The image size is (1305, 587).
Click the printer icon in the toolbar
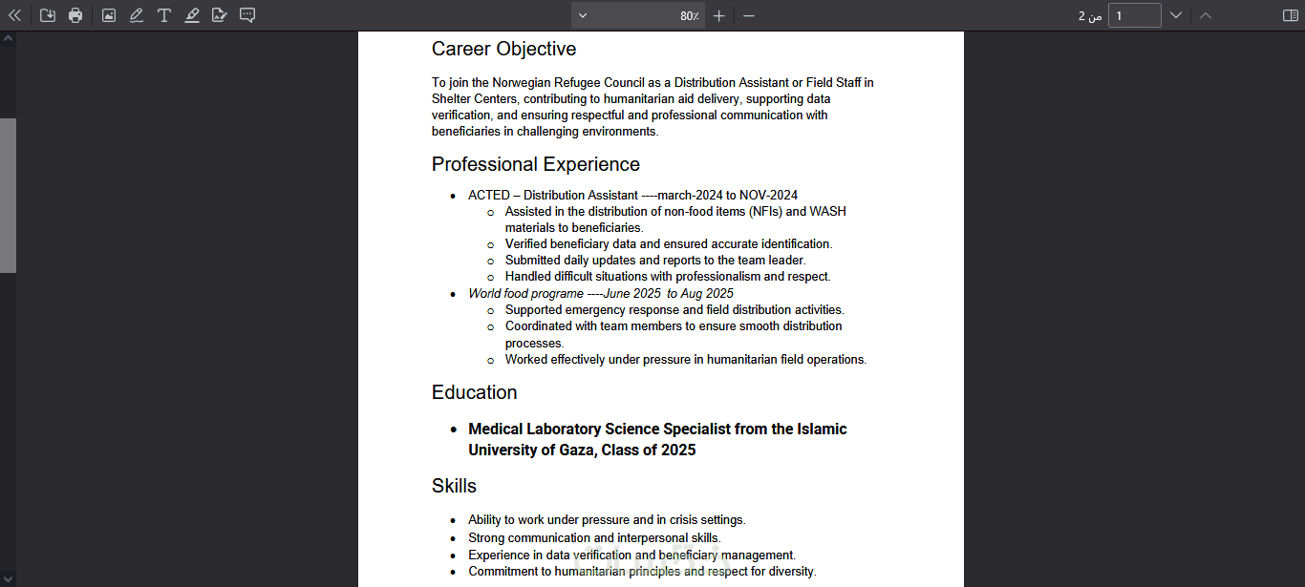pos(75,15)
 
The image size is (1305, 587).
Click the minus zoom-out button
pos(749,15)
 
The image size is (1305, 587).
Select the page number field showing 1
pos(1134,15)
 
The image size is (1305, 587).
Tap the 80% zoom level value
pos(689,16)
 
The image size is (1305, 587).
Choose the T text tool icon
pos(164,15)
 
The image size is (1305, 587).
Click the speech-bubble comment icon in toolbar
pos(247,15)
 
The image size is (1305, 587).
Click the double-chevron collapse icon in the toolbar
pos(14,15)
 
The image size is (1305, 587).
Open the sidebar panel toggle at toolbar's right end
pos(1290,15)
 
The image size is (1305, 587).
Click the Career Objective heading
pos(503,49)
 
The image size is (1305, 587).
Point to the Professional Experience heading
pos(535,164)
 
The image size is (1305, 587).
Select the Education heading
pos(474,392)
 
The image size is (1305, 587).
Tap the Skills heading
pos(454,486)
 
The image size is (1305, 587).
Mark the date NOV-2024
pos(768,196)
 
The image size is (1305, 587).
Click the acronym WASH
pos(827,212)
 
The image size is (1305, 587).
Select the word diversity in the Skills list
pos(790,572)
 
